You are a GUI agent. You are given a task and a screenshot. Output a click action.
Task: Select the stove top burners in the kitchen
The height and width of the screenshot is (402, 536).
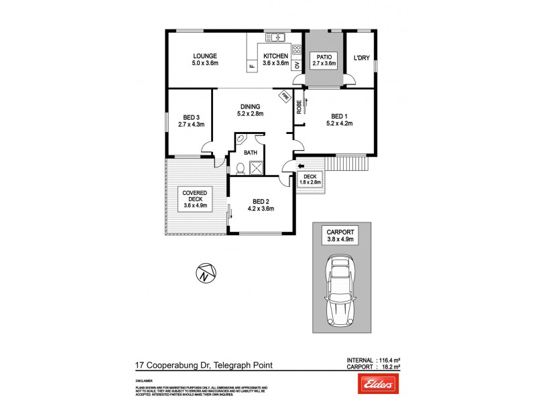tap(296, 49)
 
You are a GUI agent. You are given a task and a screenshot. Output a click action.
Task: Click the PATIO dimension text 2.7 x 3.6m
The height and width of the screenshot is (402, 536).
tap(325, 64)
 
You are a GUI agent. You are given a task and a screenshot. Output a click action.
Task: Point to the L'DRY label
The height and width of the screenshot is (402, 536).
tap(362, 59)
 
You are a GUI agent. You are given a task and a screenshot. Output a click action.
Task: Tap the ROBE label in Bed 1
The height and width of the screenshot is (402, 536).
tap(299, 109)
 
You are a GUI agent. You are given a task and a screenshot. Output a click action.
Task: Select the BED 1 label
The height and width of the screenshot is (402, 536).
tap(338, 115)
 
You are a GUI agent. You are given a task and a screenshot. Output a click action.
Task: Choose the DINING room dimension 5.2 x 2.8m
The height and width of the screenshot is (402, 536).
tap(250, 114)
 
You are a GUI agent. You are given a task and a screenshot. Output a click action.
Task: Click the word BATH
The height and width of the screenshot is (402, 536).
tap(250, 153)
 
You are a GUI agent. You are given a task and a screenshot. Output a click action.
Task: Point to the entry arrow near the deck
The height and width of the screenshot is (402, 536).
tap(300, 167)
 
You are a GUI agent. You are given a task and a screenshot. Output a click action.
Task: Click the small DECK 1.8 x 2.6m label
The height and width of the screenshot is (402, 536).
tap(310, 179)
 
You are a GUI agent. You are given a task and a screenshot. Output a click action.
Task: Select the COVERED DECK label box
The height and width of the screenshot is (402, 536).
tap(197, 198)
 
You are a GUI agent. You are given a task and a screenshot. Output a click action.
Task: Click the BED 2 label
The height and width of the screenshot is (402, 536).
tap(261, 204)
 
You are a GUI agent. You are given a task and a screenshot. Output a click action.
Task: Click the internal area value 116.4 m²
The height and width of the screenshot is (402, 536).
tap(391, 360)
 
